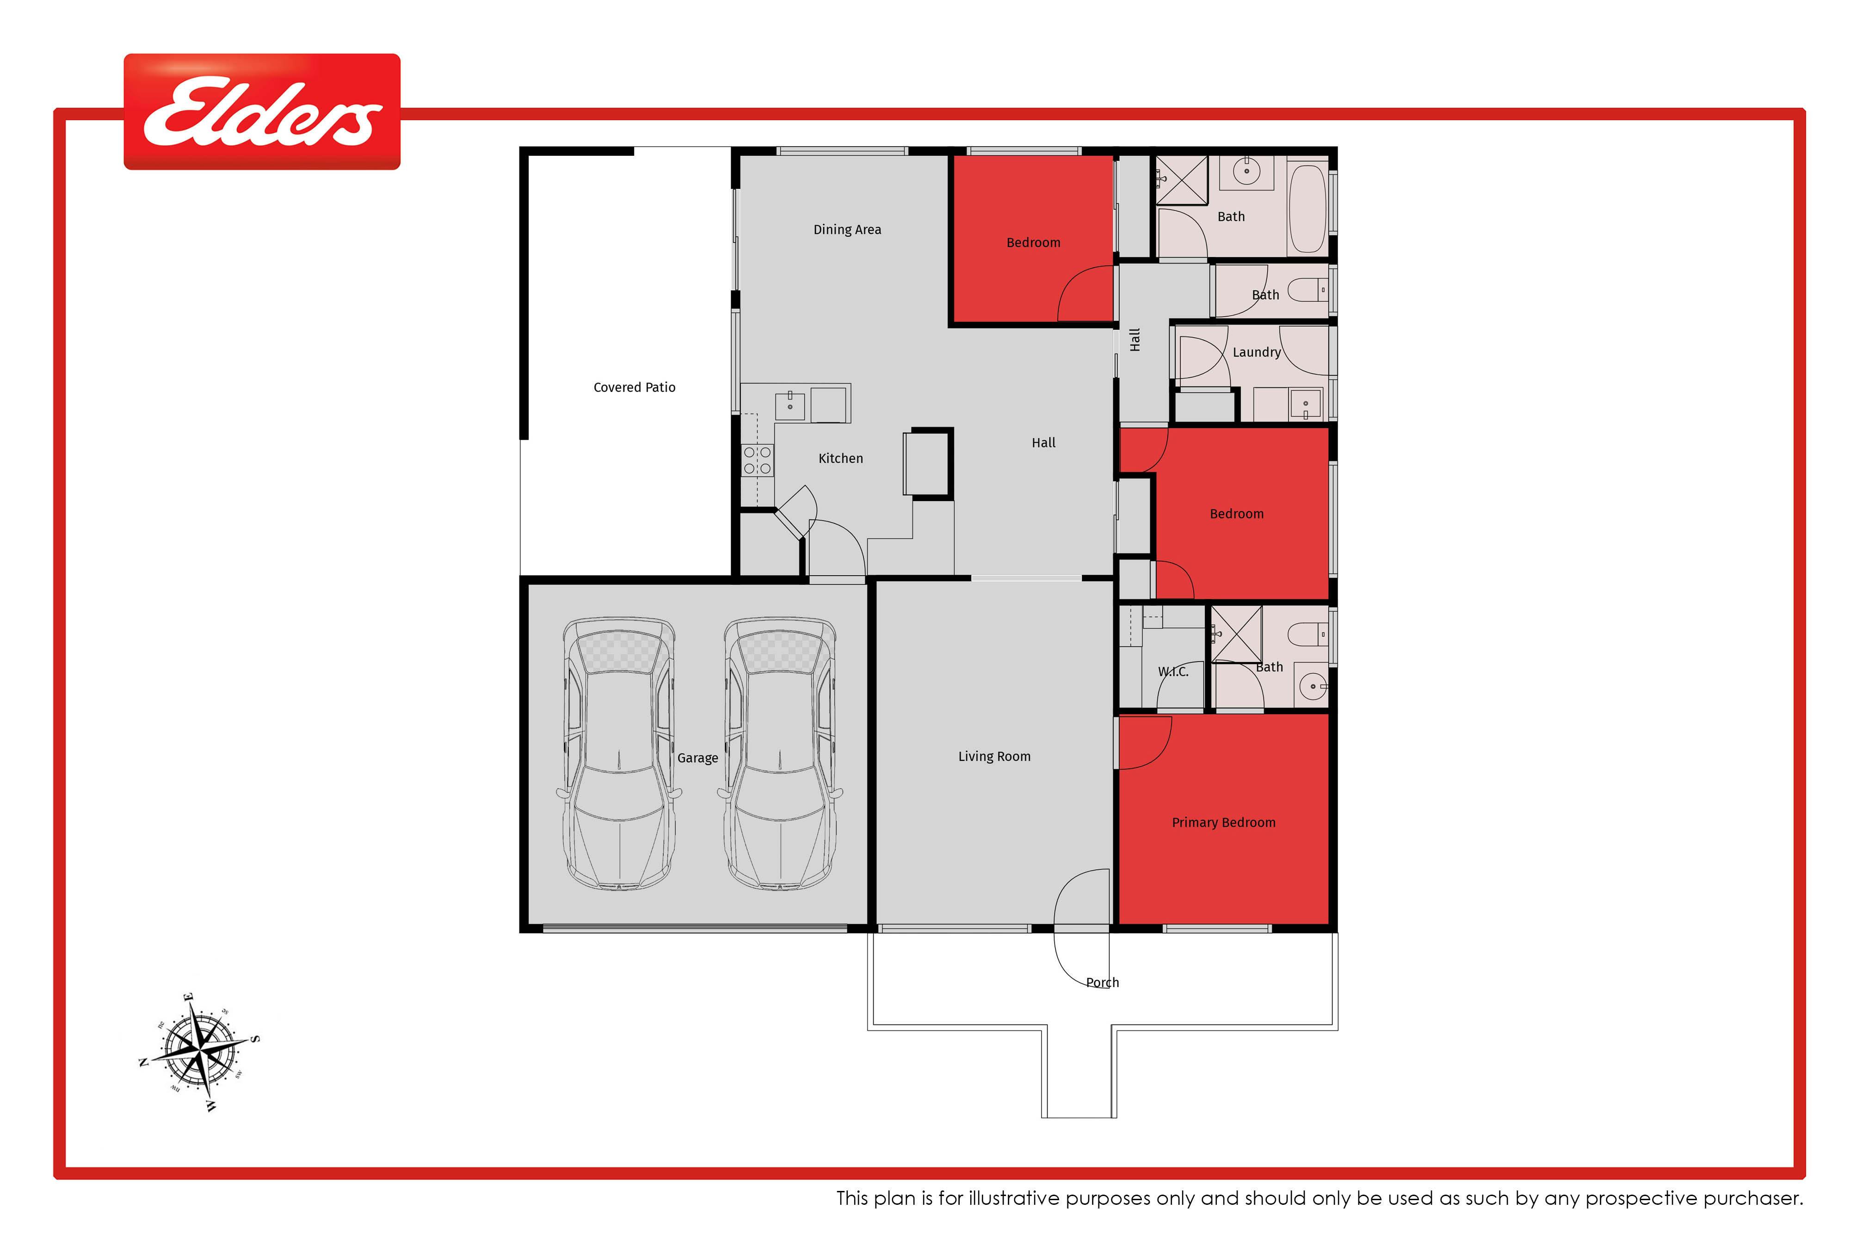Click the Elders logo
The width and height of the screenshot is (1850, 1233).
262,112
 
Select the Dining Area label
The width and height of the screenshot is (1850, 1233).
847,230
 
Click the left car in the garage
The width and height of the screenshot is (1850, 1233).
619,753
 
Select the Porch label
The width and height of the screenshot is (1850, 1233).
1102,982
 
